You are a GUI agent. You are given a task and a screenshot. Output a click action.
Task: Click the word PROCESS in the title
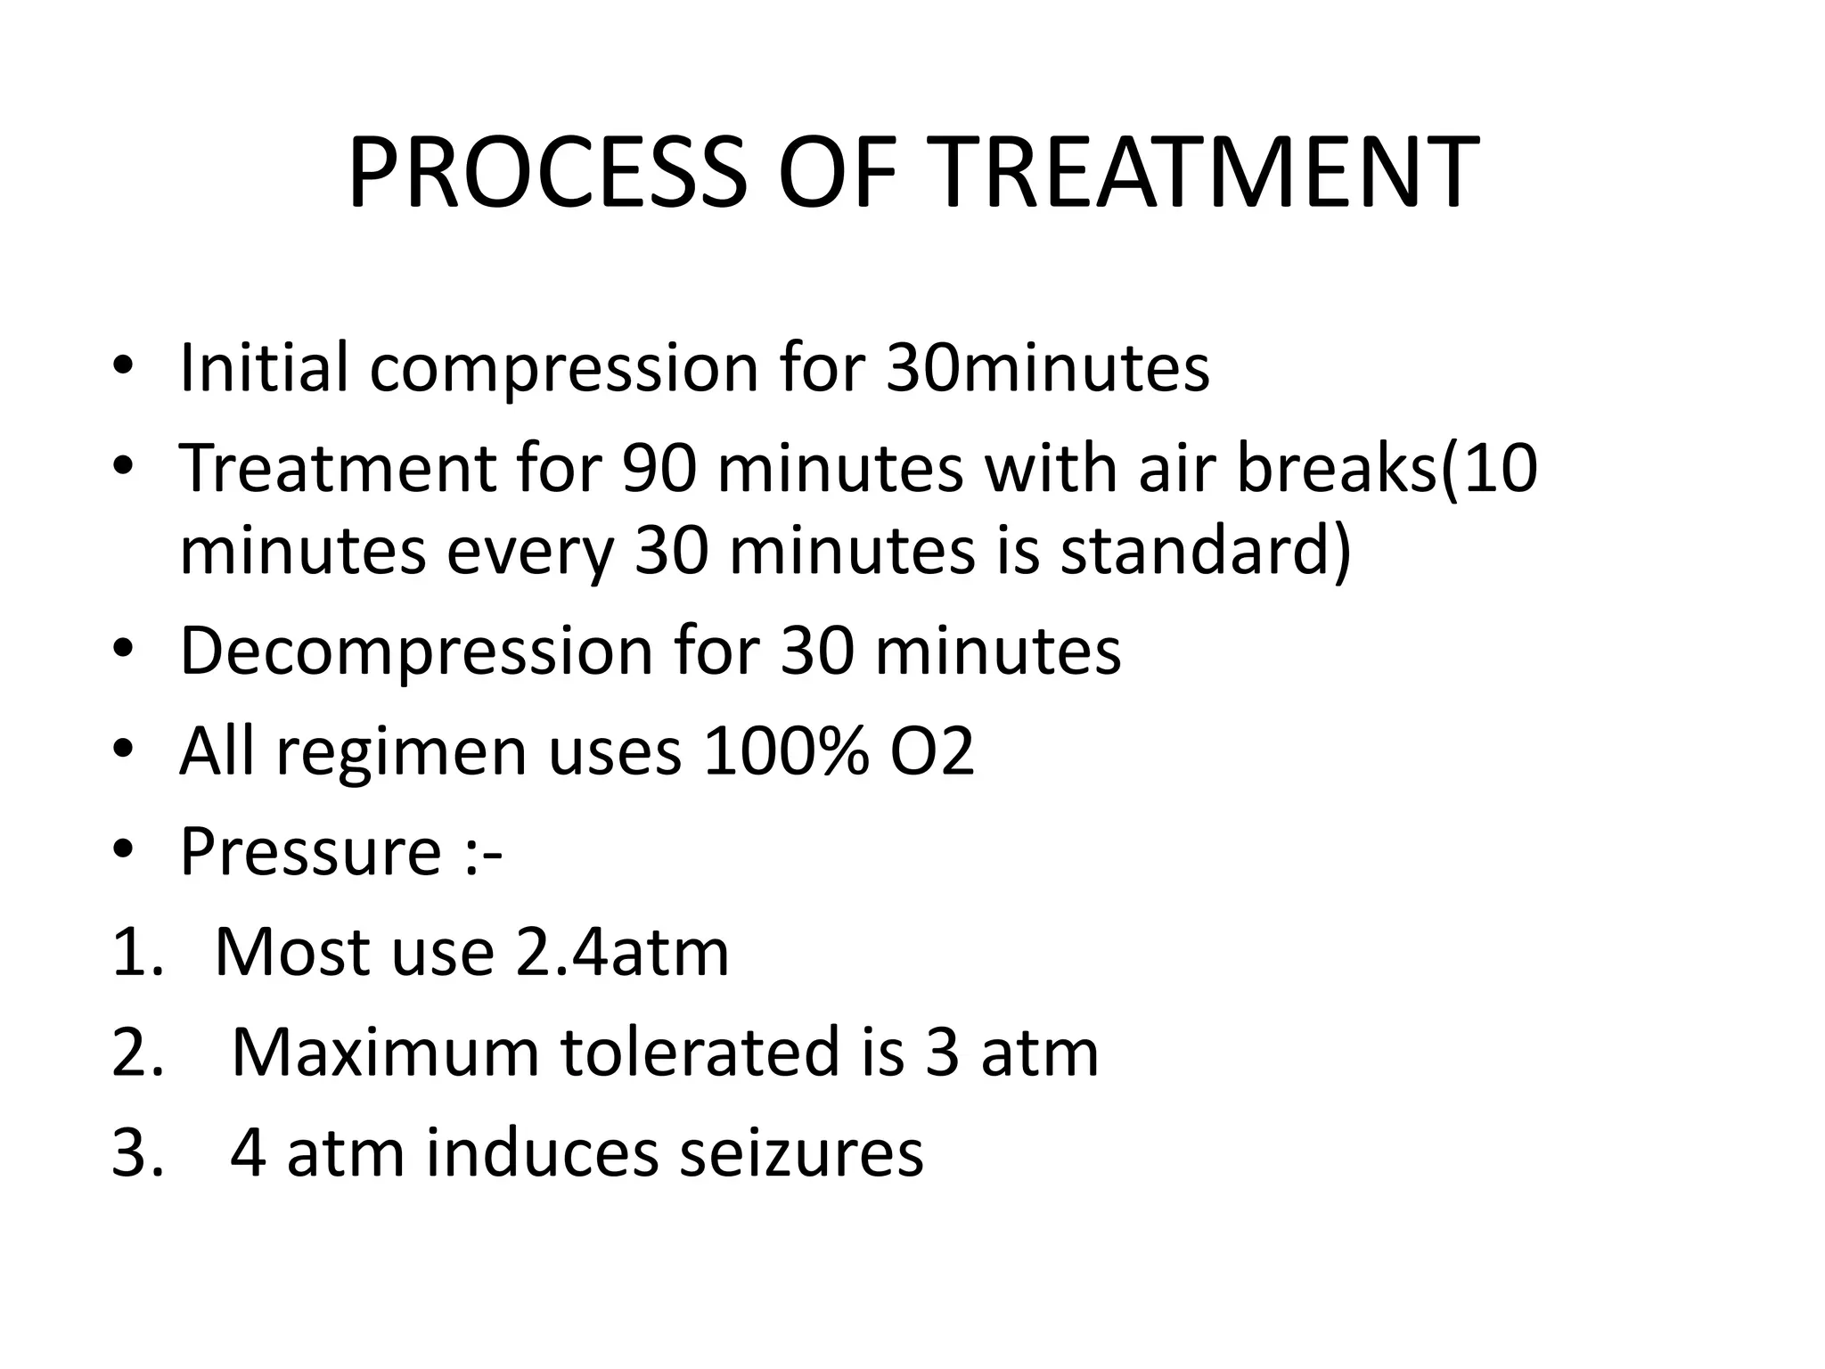(x=547, y=173)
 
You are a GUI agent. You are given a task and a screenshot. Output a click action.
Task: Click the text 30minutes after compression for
(x=1048, y=367)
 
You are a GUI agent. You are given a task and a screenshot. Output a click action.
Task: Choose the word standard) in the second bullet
(x=1206, y=550)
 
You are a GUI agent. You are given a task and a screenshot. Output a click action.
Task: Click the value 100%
(x=785, y=751)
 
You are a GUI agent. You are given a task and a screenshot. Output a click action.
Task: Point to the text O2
(x=932, y=751)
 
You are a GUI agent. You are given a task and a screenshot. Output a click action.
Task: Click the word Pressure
(x=311, y=851)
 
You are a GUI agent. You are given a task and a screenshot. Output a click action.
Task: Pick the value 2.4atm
(x=622, y=952)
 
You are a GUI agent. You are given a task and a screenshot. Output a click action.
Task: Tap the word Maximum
(x=385, y=1053)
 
